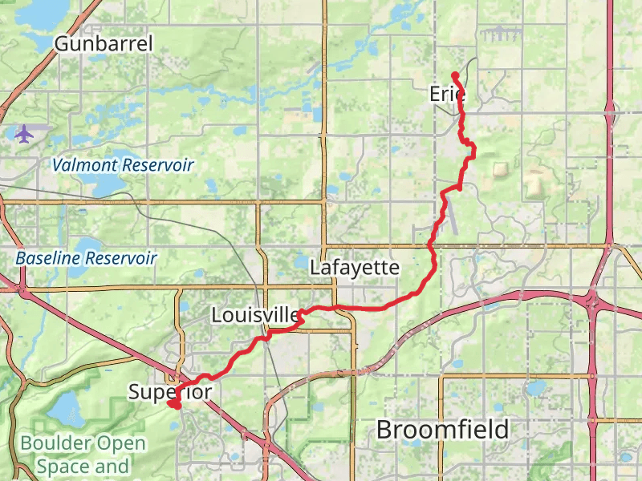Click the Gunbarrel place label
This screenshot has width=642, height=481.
pyautogui.click(x=103, y=43)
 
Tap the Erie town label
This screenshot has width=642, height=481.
pyautogui.click(x=447, y=94)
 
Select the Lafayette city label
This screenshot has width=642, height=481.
pyautogui.click(x=355, y=268)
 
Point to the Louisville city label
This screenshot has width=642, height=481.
pyautogui.click(x=255, y=315)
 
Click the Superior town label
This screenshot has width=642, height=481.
pyautogui.click(x=170, y=392)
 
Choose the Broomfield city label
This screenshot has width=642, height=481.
pyautogui.click(x=442, y=430)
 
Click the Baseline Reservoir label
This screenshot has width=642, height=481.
pyautogui.click(x=86, y=258)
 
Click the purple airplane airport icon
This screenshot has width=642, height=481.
pyautogui.click(x=24, y=134)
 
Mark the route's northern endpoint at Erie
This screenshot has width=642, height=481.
pyautogui.click(x=455, y=75)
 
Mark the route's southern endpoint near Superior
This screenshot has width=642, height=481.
pyautogui.click(x=173, y=404)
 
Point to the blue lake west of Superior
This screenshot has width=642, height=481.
pyautogui.click(x=64, y=410)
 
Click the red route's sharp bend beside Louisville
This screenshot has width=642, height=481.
pyautogui.click(x=299, y=318)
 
